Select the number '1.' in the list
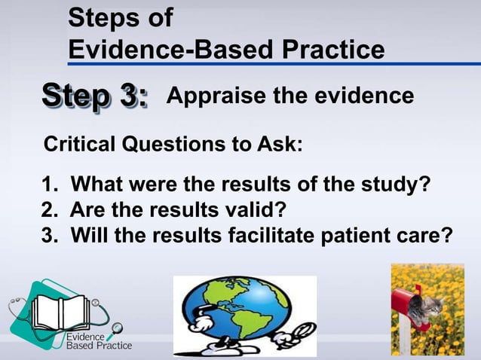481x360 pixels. click(51, 185)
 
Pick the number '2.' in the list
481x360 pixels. click(51, 211)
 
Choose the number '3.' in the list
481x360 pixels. click(51, 236)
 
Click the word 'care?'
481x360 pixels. click(428, 236)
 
